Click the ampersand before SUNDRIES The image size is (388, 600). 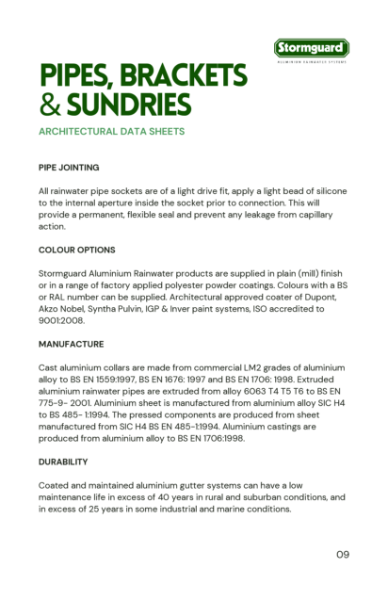tap(50, 104)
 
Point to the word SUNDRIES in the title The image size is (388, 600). tap(129, 104)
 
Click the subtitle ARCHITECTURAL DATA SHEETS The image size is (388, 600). tap(111, 131)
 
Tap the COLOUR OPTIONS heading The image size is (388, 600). tap(77, 250)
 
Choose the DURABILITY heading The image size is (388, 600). tap(65, 463)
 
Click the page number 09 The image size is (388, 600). tap(343, 552)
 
